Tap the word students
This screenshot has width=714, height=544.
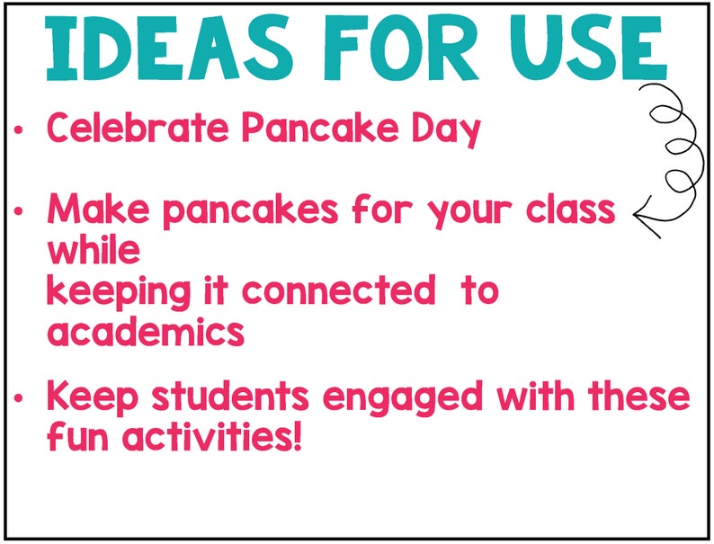pos(225,397)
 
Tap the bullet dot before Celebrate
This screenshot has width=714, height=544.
pos(19,131)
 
